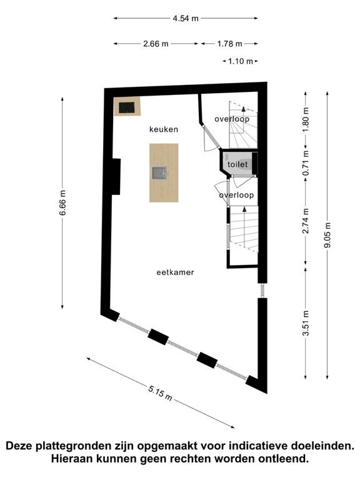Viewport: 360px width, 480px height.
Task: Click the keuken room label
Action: coord(164,129)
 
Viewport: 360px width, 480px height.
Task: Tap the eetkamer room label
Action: coord(175,272)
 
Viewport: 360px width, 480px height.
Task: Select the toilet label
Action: coord(237,164)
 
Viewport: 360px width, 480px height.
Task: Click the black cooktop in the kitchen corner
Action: coord(127,107)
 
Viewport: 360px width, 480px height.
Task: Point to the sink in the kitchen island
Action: coord(159,173)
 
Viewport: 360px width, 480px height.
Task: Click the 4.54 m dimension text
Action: coord(186,18)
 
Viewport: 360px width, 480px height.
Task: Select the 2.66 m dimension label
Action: coord(156,44)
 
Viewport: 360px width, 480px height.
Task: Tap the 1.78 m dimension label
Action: coord(229,44)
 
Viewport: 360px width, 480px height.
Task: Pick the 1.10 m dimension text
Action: coord(240,61)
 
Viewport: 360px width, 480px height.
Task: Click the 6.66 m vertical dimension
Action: coord(62,202)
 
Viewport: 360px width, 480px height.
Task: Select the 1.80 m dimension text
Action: coord(306,119)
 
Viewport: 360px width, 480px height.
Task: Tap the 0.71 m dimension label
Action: coord(306,163)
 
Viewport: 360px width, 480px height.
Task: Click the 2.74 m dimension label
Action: coord(306,221)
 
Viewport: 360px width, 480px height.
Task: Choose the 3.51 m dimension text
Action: coord(306,323)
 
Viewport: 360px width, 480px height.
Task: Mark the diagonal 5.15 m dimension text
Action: coord(160,393)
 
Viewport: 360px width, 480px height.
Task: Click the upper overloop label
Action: coord(232,119)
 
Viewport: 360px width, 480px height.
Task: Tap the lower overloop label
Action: coord(236,195)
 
